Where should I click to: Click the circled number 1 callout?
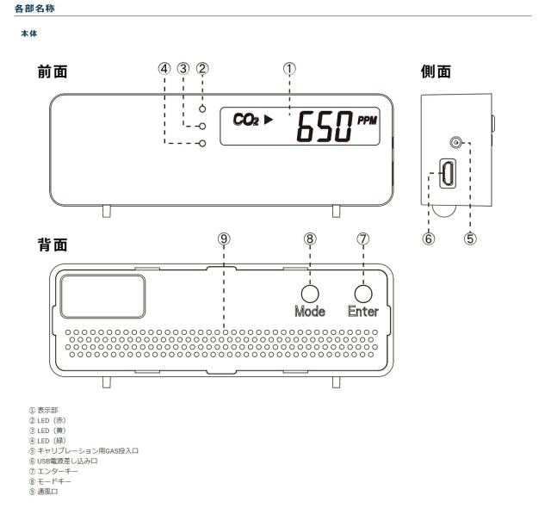pyautogui.click(x=289, y=69)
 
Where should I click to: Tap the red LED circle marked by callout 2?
pyautogui.click(x=202, y=108)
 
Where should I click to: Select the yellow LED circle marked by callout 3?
pyautogui.click(x=202, y=126)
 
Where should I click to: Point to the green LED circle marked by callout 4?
pyautogui.click(x=202, y=143)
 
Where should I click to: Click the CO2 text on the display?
pyautogui.click(x=245, y=120)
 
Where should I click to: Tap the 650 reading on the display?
pyautogui.click(x=325, y=127)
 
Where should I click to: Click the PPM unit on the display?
pyautogui.click(x=368, y=121)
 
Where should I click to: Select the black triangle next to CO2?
pyautogui.click(x=269, y=120)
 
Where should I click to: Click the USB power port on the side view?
pyautogui.click(x=448, y=173)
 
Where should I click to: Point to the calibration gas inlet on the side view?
pyautogui.click(x=455, y=143)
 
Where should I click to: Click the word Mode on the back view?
pyautogui.click(x=310, y=312)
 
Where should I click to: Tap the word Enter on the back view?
pyautogui.click(x=363, y=312)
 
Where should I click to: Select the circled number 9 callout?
pyautogui.click(x=224, y=239)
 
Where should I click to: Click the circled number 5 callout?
pyautogui.click(x=470, y=239)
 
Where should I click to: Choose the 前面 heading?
pyautogui.click(x=53, y=71)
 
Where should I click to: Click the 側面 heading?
pyautogui.click(x=436, y=71)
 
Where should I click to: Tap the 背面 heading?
pyautogui.click(x=53, y=245)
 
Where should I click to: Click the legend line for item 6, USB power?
pyautogui.click(x=64, y=461)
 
